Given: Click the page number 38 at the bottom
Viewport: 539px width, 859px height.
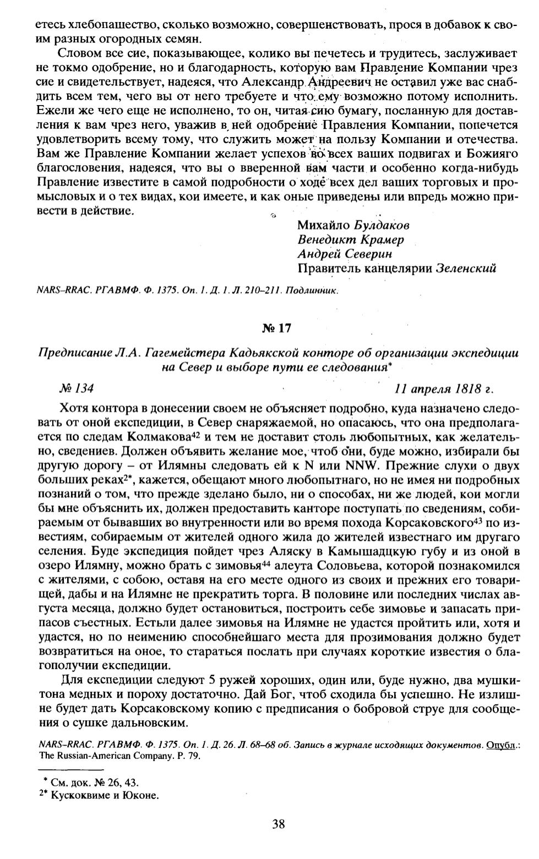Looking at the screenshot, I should [278, 823].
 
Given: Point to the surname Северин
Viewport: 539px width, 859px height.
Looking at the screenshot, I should [368, 254].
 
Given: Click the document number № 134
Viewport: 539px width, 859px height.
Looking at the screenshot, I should [77, 388].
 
